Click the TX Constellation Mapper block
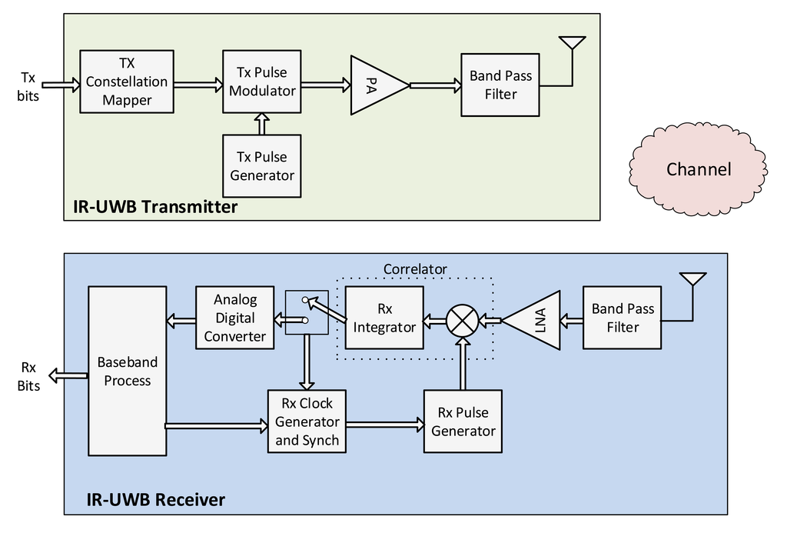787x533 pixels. (x=127, y=82)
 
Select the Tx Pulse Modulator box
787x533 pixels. (x=262, y=82)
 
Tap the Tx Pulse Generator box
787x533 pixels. (x=262, y=166)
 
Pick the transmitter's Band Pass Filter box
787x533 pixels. (x=500, y=85)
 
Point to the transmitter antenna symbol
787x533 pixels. (x=572, y=45)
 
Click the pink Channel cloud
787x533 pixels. (x=698, y=169)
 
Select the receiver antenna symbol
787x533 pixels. (x=692, y=281)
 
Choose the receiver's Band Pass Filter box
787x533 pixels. (x=623, y=318)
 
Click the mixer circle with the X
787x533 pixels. (x=462, y=320)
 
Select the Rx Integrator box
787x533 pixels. (x=384, y=318)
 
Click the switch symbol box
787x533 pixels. (x=307, y=312)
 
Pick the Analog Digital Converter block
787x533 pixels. (x=235, y=318)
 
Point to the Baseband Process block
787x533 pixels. (x=127, y=371)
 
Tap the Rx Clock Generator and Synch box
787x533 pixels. (x=307, y=421)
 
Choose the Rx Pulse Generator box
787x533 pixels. (x=463, y=421)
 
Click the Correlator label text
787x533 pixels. (x=415, y=269)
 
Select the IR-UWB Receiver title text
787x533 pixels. (x=155, y=500)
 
